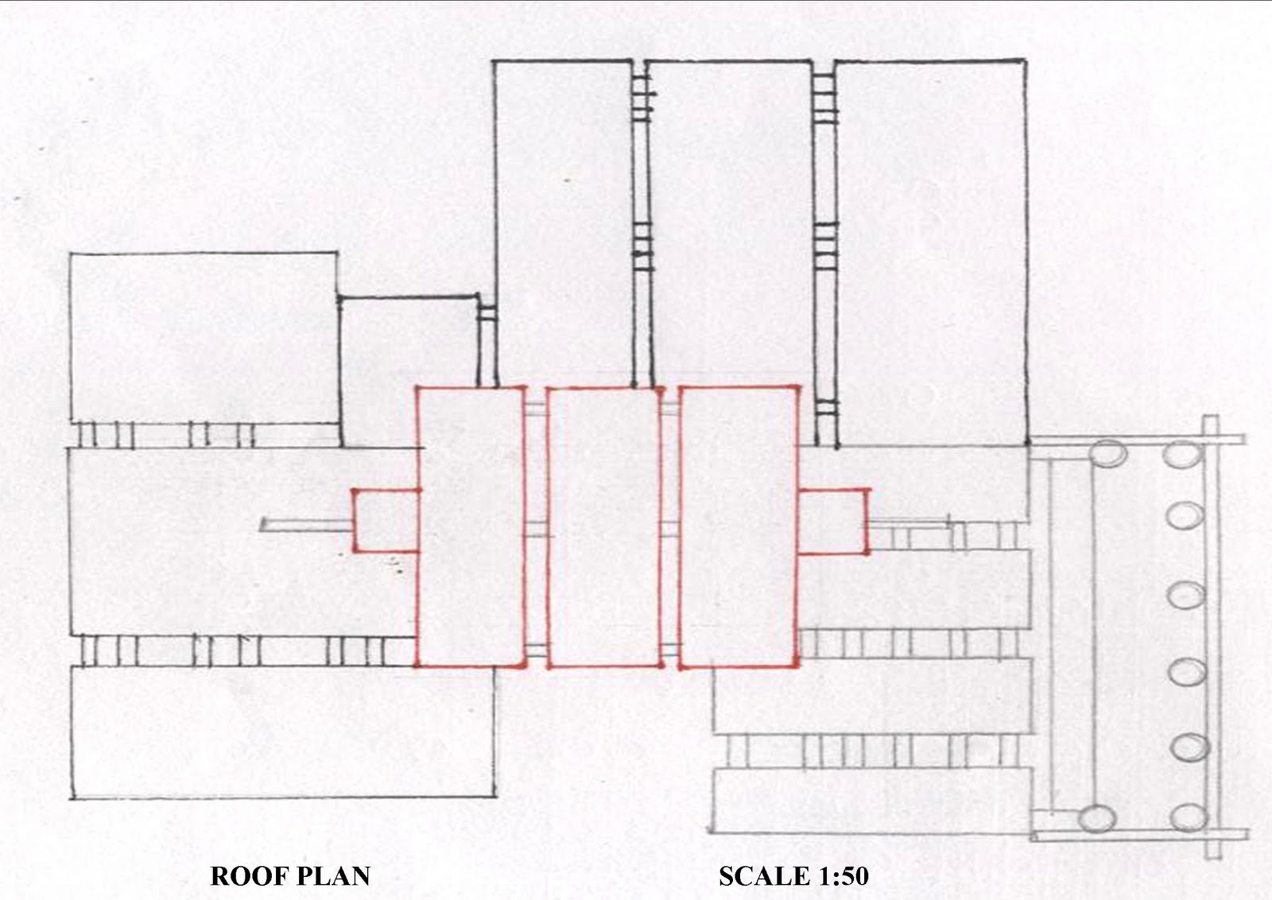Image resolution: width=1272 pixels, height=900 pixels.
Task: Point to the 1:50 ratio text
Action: coord(840,876)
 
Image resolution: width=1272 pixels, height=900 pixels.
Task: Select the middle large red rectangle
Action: coord(604,526)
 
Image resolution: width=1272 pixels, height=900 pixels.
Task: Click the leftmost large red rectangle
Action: coord(471,526)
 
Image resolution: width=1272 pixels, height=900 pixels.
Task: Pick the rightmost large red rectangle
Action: coord(739,526)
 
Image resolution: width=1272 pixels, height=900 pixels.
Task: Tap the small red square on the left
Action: coord(386,521)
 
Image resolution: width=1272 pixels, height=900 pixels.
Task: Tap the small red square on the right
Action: coord(833,522)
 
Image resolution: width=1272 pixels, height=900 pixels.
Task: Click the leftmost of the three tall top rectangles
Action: coord(564,223)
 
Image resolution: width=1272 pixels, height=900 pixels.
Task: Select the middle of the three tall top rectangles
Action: coord(731,223)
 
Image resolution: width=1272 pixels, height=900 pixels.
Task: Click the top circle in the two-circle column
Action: coord(1107,455)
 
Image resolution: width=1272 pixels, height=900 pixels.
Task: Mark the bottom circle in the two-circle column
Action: coord(1097,818)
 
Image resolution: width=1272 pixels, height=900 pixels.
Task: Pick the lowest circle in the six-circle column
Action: coord(1189,817)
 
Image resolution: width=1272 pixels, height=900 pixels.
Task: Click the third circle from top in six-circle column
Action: coord(1186,595)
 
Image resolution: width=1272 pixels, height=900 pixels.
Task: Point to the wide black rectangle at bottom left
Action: coord(282,731)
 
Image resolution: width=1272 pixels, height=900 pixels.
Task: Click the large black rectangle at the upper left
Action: coord(204,338)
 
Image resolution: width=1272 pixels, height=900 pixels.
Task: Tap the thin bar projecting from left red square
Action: coord(306,525)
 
